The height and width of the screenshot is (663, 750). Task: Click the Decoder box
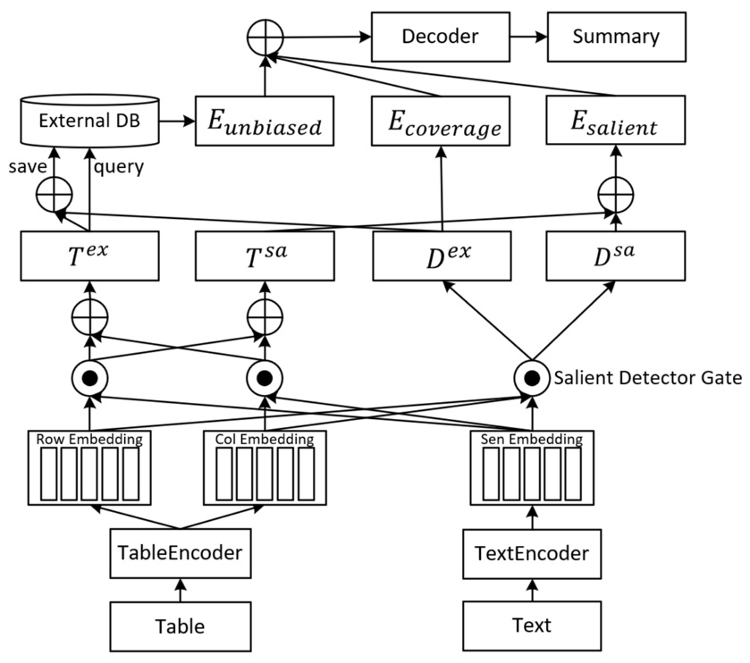click(439, 37)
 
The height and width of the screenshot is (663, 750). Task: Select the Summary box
click(615, 37)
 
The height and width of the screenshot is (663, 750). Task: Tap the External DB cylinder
click(88, 122)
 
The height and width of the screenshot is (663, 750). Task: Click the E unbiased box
click(265, 122)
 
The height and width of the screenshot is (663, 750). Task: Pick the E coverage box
click(439, 122)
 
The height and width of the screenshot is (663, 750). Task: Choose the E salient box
click(615, 122)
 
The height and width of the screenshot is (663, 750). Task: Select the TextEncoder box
click(533, 552)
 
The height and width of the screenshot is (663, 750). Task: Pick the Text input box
click(533, 625)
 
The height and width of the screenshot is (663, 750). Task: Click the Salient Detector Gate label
click(648, 378)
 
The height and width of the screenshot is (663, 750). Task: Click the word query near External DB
click(118, 167)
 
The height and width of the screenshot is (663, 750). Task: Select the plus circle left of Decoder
click(265, 38)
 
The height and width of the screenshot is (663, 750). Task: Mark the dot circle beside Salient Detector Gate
click(531, 379)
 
